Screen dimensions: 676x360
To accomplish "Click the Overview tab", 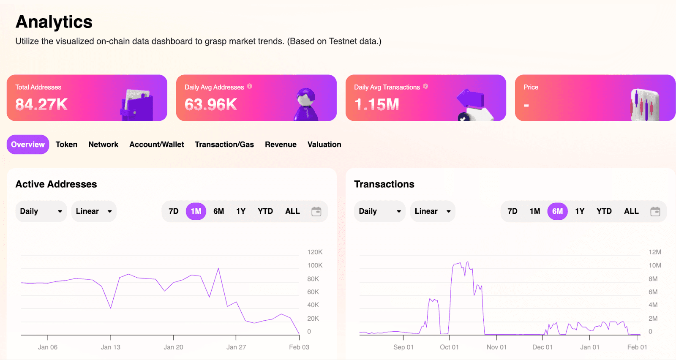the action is click(28, 145).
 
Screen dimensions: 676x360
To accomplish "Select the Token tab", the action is click(66, 145).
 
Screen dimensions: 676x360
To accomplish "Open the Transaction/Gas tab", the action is click(224, 145).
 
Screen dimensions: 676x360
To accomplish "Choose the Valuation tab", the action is click(324, 145).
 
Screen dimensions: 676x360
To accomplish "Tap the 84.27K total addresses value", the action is click(42, 104).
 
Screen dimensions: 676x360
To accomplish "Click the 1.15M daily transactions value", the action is click(376, 104).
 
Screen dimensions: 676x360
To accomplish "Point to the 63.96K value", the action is click(211, 104).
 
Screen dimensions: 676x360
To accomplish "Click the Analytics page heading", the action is click(54, 22).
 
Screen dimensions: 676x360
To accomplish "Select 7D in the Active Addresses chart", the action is click(174, 211).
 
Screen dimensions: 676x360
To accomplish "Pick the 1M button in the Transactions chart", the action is click(535, 211).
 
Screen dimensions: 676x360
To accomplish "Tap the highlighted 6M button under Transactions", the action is click(557, 211).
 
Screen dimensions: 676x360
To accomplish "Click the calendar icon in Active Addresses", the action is click(316, 211).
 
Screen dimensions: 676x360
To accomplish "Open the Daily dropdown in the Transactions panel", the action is click(379, 211).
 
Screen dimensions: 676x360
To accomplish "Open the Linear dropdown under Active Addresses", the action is click(94, 211).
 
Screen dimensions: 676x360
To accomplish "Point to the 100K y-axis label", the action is click(315, 265).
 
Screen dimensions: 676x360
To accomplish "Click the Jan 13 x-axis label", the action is click(110, 347).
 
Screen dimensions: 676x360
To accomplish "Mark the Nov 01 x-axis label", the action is click(496, 347).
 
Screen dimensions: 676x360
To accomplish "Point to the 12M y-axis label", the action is click(655, 252).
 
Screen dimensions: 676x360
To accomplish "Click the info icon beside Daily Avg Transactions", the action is click(425, 86).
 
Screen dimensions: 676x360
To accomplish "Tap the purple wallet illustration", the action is click(137, 105).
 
